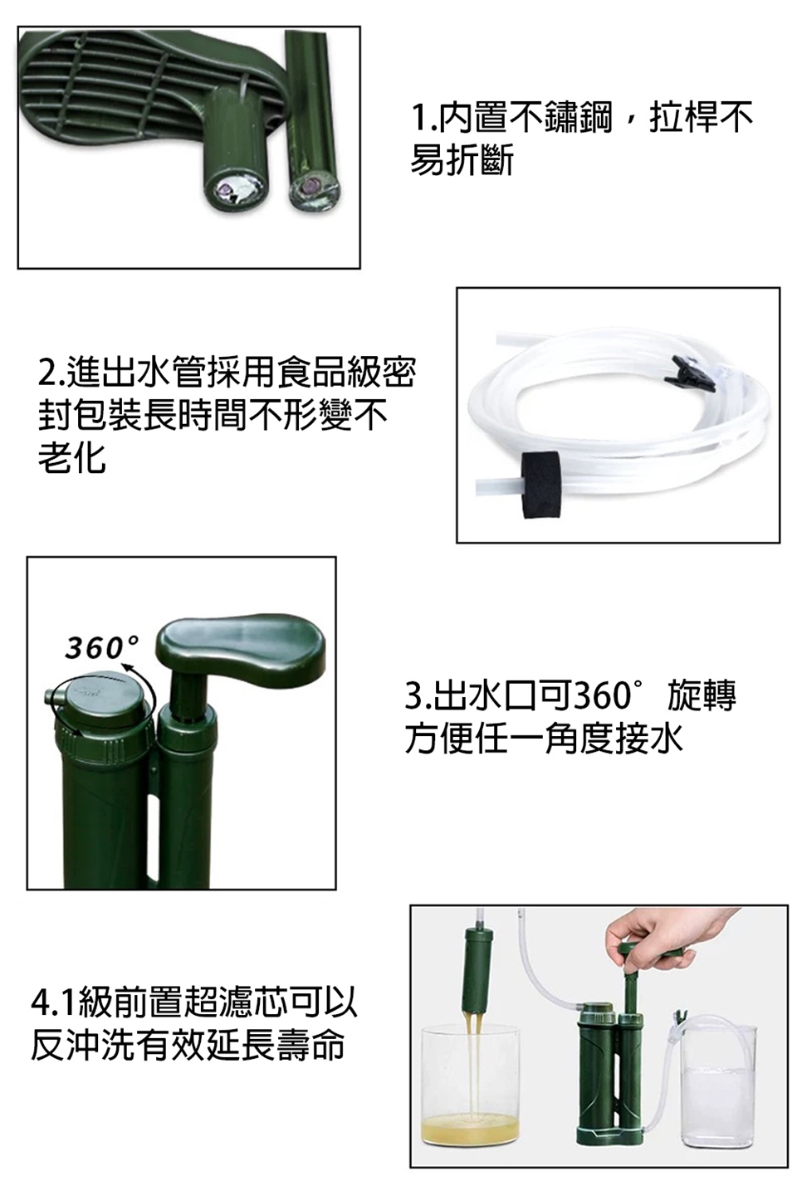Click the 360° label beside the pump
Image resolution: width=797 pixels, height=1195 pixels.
(x=101, y=647)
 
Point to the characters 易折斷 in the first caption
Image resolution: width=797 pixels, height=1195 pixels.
(x=462, y=160)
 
